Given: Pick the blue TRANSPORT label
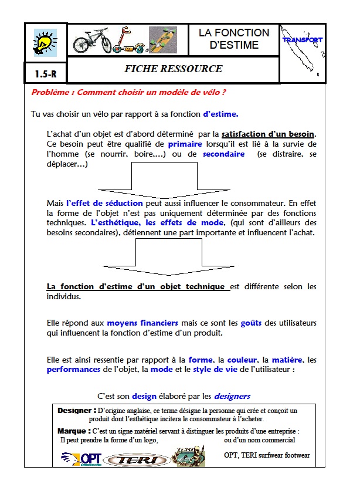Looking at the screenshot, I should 302,40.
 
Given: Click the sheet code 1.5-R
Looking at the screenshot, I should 46,75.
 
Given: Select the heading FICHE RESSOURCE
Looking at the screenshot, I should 173,69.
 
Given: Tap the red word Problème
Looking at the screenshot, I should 52,92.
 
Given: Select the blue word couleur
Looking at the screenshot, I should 242,360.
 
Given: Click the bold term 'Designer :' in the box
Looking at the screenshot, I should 77,410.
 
